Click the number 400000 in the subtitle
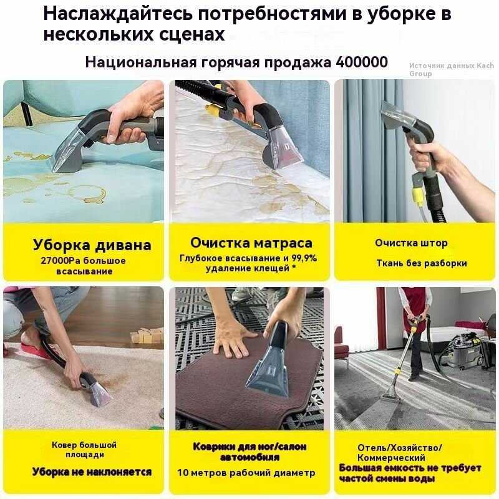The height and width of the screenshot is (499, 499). point(362,62)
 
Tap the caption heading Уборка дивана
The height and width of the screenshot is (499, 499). point(92,245)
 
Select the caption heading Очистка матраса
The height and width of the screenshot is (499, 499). point(251,243)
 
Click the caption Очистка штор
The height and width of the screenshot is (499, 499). point(411,243)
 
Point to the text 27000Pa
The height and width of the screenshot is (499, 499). point(60,261)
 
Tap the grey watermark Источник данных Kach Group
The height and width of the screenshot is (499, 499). point(451,69)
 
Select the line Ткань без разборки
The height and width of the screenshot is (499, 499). point(422,263)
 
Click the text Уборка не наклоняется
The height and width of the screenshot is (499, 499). point(92,472)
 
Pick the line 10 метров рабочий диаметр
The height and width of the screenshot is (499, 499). point(246,473)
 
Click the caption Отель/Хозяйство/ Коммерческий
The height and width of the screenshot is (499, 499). point(399,453)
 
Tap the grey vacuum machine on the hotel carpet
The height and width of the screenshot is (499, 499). point(462,351)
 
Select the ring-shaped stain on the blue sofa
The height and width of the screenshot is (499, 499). point(88,194)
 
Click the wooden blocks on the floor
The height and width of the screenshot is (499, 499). point(147,336)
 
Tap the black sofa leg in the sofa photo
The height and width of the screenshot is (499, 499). point(27,114)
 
